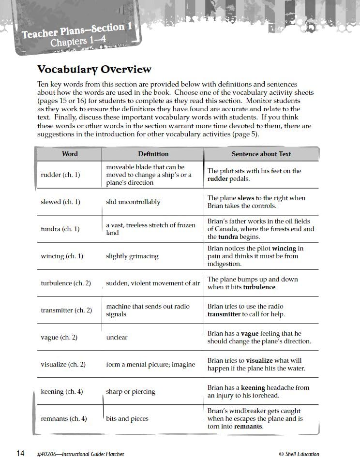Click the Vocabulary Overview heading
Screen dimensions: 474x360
click(x=94, y=70)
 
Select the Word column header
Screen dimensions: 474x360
click(x=70, y=154)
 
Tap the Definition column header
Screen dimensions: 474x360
click(x=153, y=154)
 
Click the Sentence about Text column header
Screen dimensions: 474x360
click(x=261, y=154)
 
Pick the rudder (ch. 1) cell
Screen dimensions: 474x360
click(x=60, y=175)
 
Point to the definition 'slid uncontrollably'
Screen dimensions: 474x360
click(x=133, y=202)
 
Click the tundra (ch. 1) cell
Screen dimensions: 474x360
click(x=60, y=229)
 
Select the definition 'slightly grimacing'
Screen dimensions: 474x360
click(x=132, y=256)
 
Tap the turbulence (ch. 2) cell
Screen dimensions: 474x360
click(x=66, y=283)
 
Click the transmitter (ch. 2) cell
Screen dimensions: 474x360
click(x=66, y=310)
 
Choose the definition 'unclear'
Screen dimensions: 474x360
click(x=117, y=337)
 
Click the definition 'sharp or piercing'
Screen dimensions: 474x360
click(x=131, y=391)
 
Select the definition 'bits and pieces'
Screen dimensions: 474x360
click(x=127, y=418)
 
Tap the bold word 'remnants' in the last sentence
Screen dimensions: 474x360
click(x=248, y=426)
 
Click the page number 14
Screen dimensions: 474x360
click(x=20, y=453)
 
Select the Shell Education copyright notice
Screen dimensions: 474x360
click(x=299, y=454)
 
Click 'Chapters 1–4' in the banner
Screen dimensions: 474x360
click(x=77, y=41)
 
